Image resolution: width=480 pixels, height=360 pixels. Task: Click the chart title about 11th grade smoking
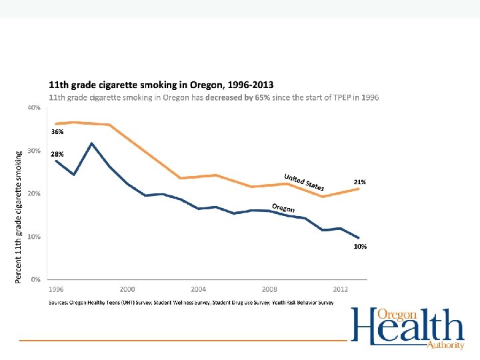click(x=161, y=85)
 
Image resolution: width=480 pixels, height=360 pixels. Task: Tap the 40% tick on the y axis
click(x=34, y=107)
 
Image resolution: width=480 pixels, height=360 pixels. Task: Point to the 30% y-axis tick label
click(x=34, y=151)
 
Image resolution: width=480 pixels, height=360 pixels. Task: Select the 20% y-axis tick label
click(x=34, y=193)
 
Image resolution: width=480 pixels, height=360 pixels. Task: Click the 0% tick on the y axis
click(x=36, y=279)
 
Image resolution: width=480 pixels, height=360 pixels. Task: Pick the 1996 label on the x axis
click(x=56, y=289)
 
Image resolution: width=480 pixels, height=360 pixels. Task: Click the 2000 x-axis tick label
click(x=127, y=289)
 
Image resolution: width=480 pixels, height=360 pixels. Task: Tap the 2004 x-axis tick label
click(x=198, y=289)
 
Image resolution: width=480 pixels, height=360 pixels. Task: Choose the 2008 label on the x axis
click(x=269, y=289)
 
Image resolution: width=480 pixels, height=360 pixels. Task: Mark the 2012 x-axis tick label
click(x=340, y=289)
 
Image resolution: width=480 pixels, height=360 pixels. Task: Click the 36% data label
click(x=57, y=132)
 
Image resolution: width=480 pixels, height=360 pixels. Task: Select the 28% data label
click(x=57, y=154)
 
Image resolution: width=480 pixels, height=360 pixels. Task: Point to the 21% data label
click(x=359, y=182)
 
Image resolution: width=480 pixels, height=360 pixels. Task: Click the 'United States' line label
click(x=304, y=181)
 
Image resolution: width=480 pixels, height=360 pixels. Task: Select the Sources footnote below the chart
click(x=191, y=303)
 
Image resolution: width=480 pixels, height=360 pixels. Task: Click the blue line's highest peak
click(x=91, y=143)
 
